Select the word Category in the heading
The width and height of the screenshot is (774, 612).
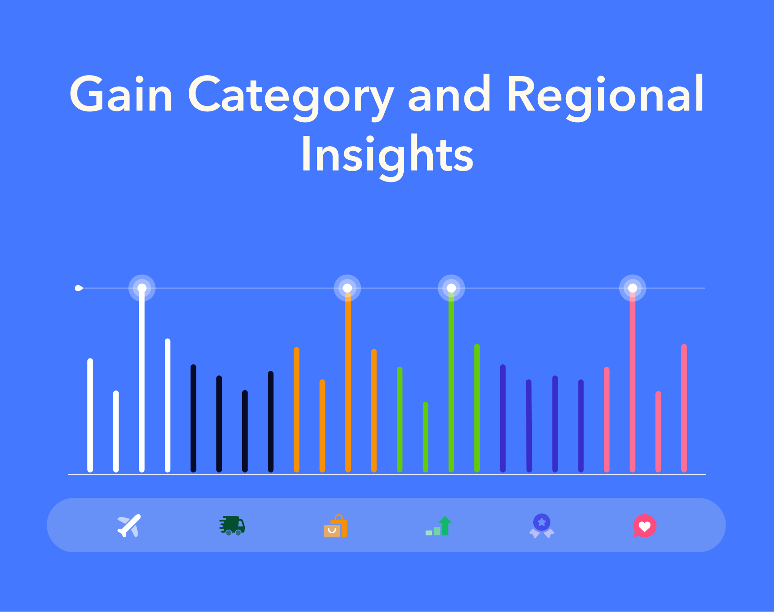point(291,97)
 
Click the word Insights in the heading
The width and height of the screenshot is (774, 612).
point(387,157)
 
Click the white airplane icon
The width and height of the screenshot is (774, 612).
point(129,526)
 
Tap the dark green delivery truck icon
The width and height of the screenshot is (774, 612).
point(232,526)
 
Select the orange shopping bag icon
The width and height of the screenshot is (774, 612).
point(335,526)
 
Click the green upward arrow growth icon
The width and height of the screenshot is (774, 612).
point(439,526)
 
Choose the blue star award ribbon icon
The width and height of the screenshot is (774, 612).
point(542,526)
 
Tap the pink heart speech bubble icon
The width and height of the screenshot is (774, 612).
point(645,526)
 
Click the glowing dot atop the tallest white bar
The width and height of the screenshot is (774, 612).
point(142,288)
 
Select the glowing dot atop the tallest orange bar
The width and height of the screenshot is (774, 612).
point(348,288)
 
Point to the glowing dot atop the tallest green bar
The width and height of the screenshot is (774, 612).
point(451,288)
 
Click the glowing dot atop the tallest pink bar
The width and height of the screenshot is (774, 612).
point(633,288)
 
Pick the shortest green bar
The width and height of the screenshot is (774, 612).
point(425,437)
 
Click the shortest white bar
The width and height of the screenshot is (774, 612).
point(116,431)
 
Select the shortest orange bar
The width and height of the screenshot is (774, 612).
point(322,426)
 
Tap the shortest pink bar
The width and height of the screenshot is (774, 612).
point(658,432)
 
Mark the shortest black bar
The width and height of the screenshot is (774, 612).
point(245,431)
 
